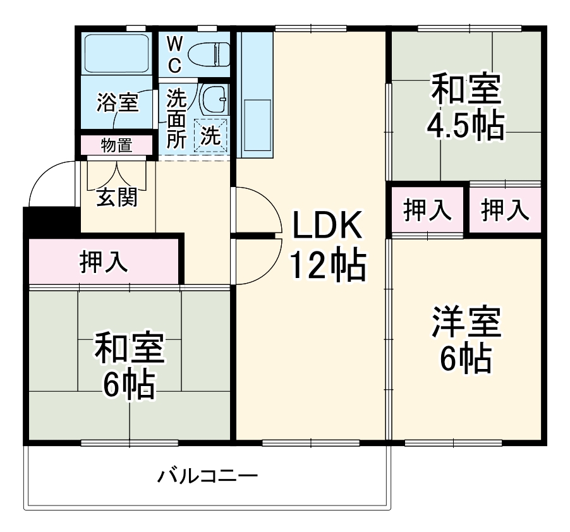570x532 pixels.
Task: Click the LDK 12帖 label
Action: pyautogui.click(x=327, y=245)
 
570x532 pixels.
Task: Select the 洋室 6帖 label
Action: pyautogui.click(x=466, y=340)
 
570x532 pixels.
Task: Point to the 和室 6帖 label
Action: pyautogui.click(x=130, y=365)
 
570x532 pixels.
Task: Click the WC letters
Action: pyautogui.click(x=175, y=53)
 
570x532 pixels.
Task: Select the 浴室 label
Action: pyautogui.click(x=117, y=102)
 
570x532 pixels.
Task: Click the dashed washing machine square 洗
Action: pyautogui.click(x=211, y=135)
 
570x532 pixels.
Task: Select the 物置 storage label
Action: pyautogui.click(x=117, y=145)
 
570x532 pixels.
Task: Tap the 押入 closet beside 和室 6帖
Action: pyautogui.click(x=104, y=262)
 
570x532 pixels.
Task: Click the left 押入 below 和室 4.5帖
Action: pyautogui.click(x=428, y=210)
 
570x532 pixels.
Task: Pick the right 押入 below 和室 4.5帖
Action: pyautogui.click(x=505, y=210)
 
